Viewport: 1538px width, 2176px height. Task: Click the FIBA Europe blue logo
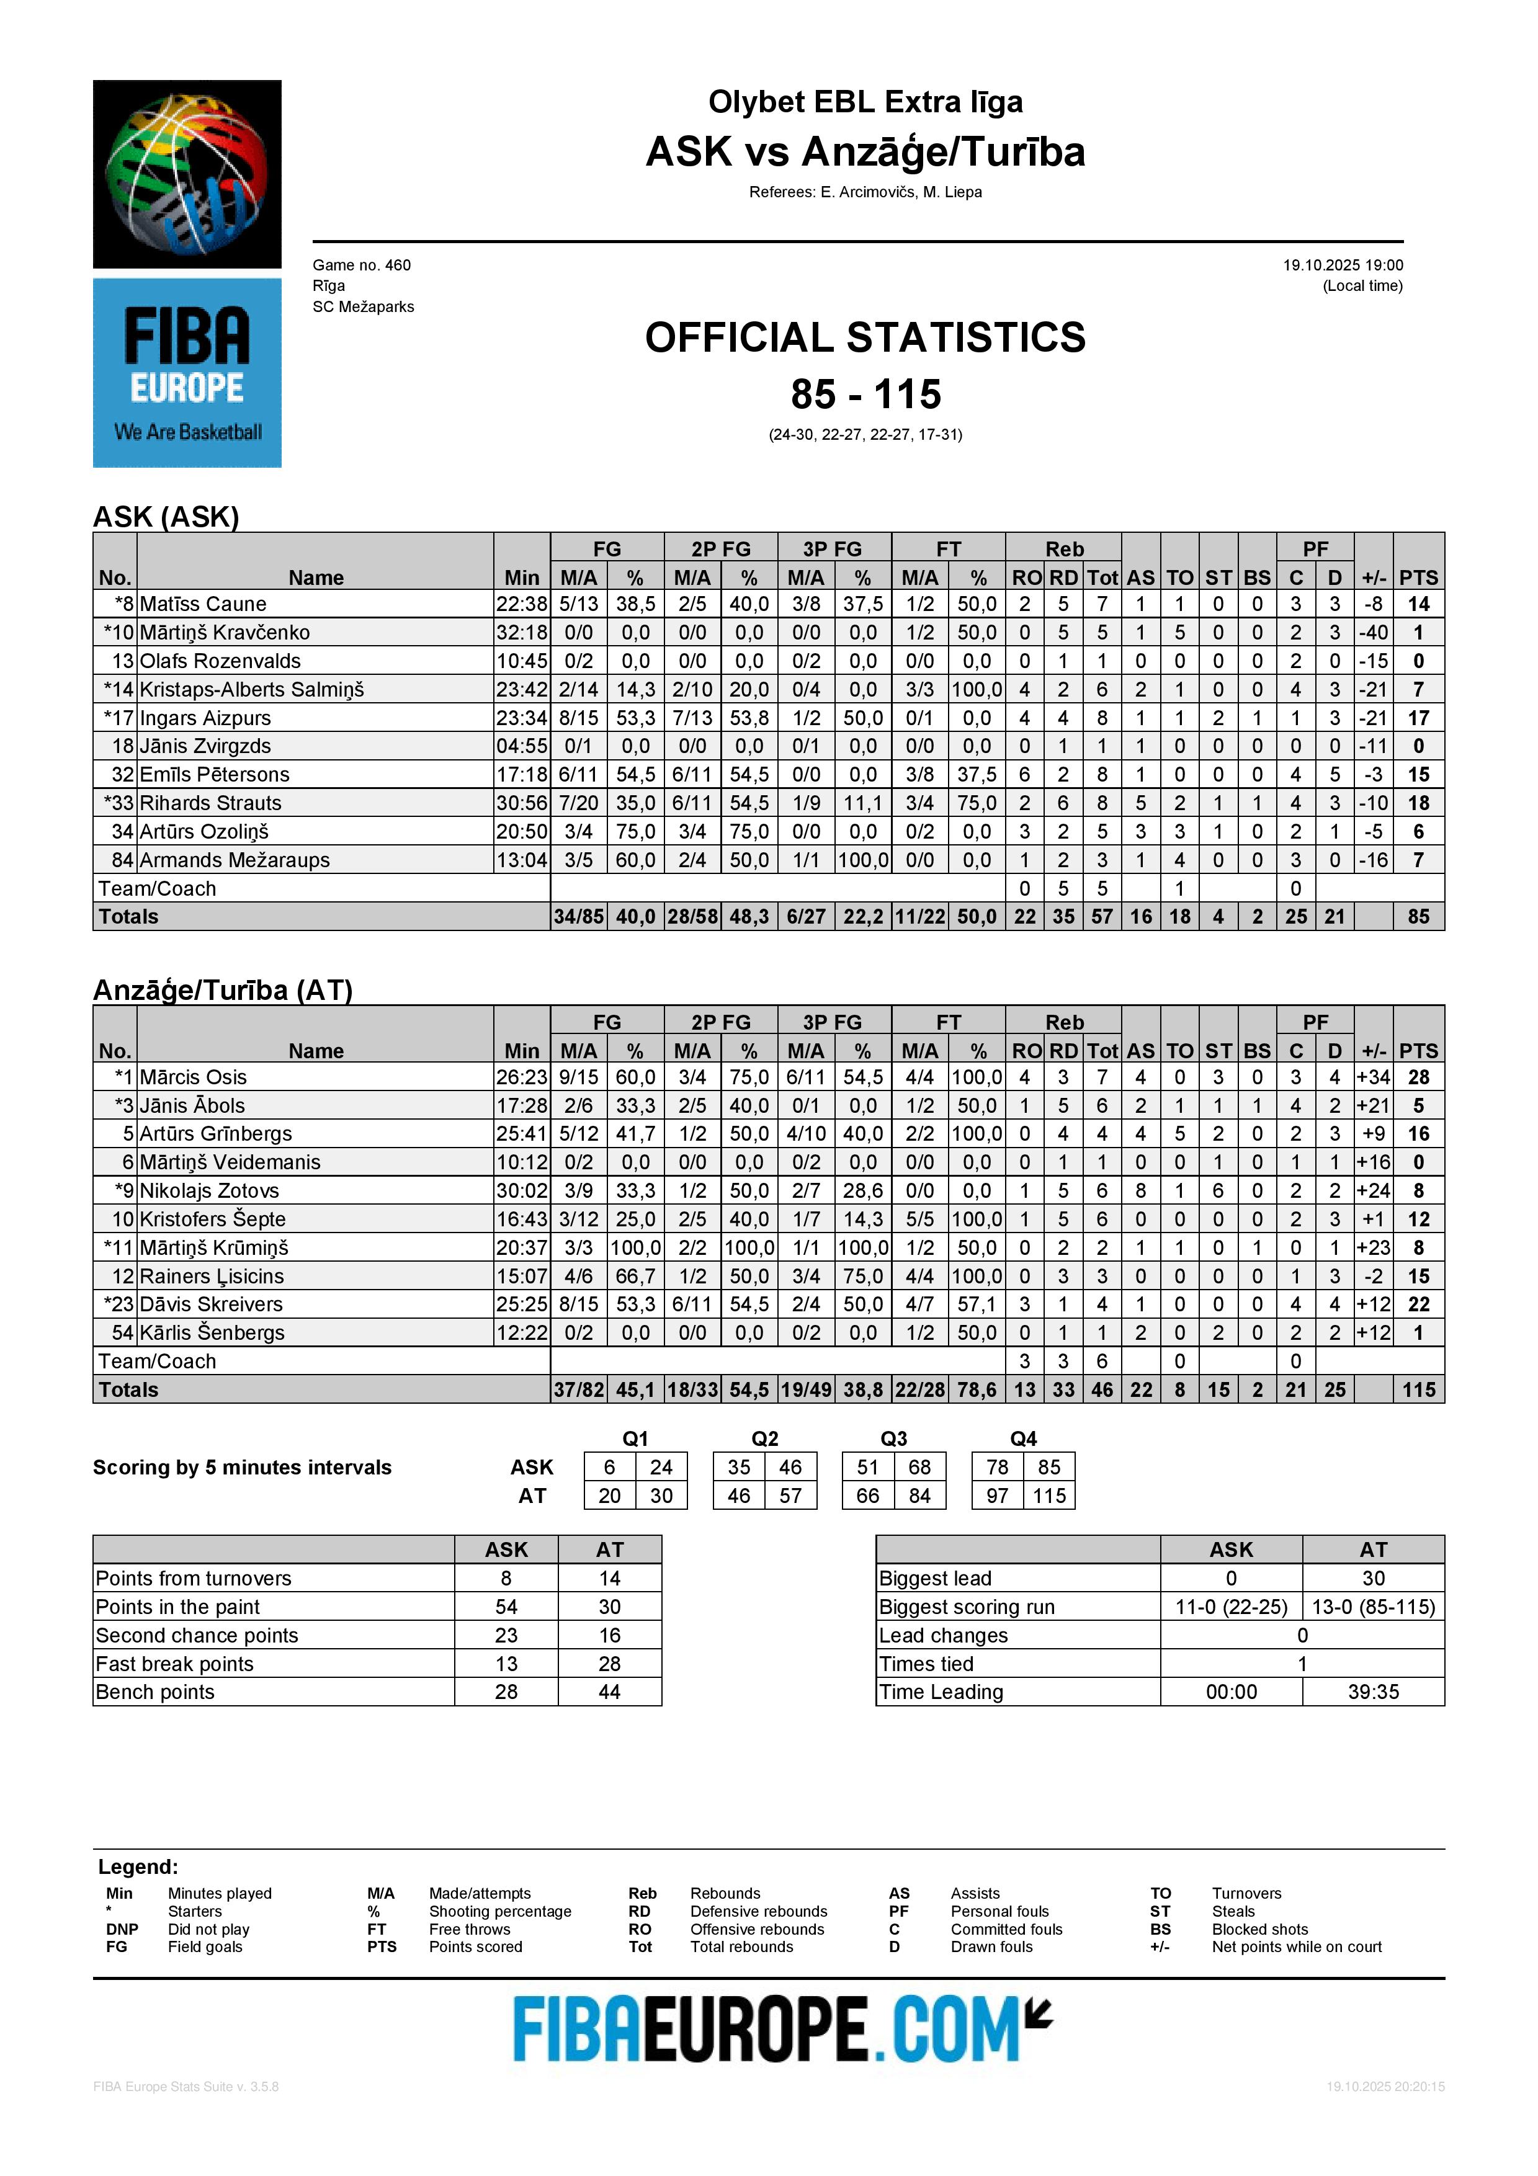[x=187, y=372]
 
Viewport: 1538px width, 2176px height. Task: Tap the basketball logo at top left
[x=187, y=174]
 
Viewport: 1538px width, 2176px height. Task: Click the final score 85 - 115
[x=865, y=395]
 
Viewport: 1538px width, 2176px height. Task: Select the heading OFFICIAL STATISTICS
[x=865, y=337]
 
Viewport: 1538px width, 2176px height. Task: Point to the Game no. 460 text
[x=362, y=265]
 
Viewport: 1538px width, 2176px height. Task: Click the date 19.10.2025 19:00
[x=1343, y=265]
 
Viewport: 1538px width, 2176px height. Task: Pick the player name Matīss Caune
[x=203, y=604]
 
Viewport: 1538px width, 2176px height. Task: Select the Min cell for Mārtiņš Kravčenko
[x=521, y=632]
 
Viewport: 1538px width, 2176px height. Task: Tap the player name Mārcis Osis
[x=194, y=1077]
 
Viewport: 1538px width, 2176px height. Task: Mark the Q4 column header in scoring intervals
[x=1024, y=1438]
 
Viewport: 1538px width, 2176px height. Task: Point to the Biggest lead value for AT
[x=1373, y=1578]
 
